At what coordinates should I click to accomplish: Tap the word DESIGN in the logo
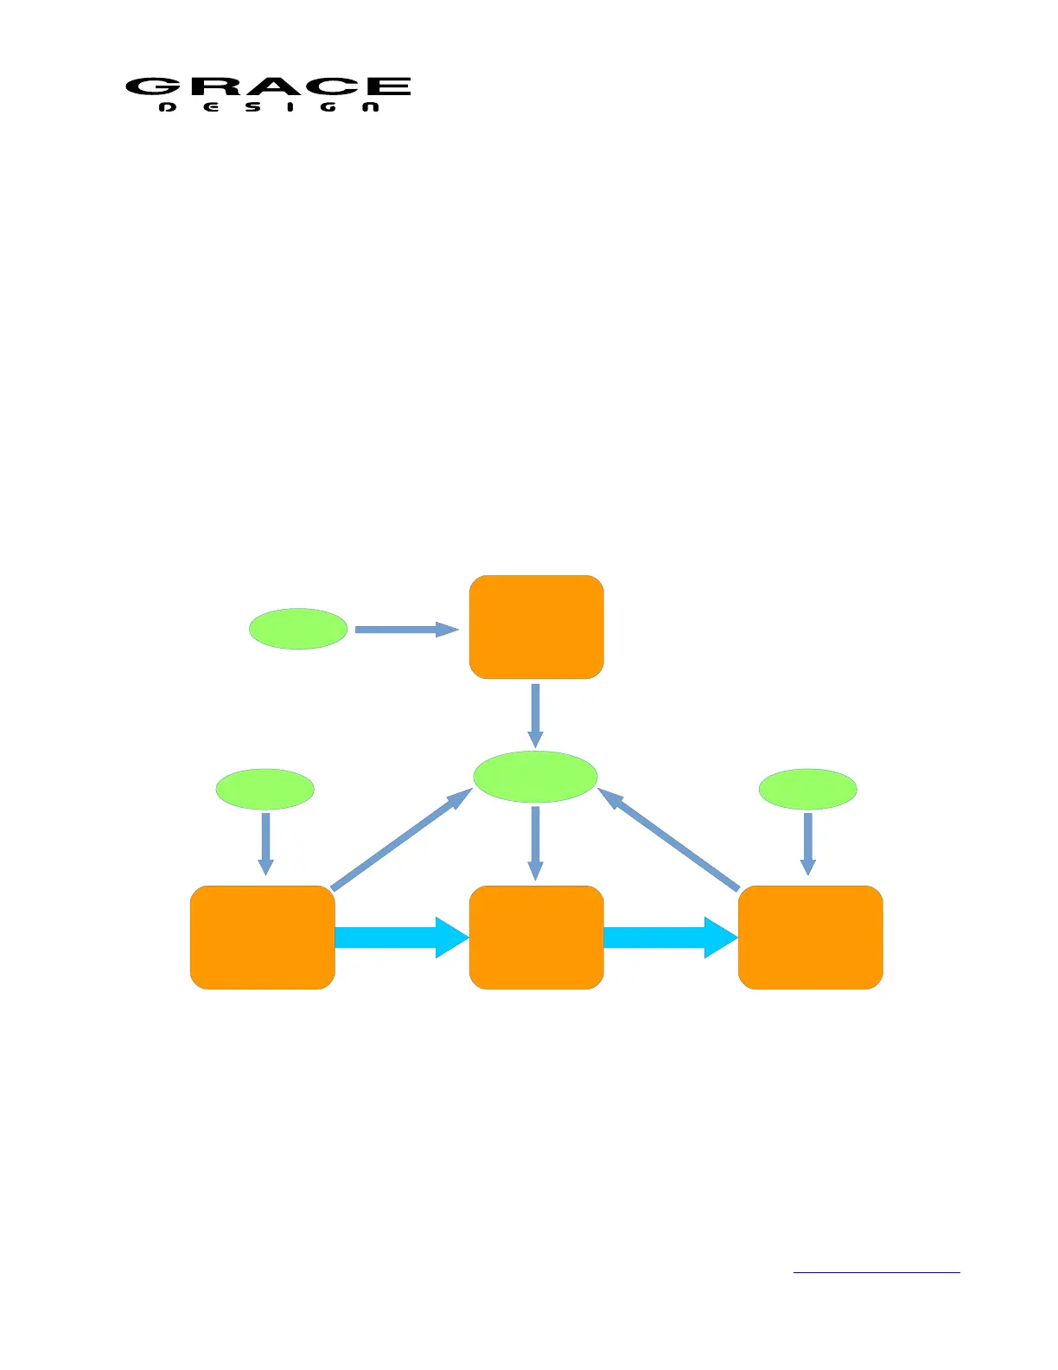click(x=270, y=107)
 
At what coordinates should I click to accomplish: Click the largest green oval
click(x=535, y=776)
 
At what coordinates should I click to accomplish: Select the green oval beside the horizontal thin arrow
click(x=298, y=629)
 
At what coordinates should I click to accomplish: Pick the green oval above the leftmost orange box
click(x=264, y=789)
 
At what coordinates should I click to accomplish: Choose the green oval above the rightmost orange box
click(x=807, y=789)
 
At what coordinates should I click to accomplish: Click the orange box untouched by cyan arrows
click(x=536, y=627)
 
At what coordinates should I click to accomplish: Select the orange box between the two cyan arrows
click(x=536, y=937)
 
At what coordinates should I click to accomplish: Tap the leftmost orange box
click(x=262, y=937)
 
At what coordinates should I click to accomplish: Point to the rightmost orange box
click(x=810, y=937)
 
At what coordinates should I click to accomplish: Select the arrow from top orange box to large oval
click(x=536, y=715)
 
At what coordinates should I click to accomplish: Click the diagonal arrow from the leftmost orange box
click(x=401, y=839)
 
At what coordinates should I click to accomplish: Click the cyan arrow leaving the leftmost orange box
click(x=401, y=938)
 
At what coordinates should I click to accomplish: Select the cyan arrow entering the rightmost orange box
click(x=670, y=938)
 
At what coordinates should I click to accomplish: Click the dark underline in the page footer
click(x=876, y=1272)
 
